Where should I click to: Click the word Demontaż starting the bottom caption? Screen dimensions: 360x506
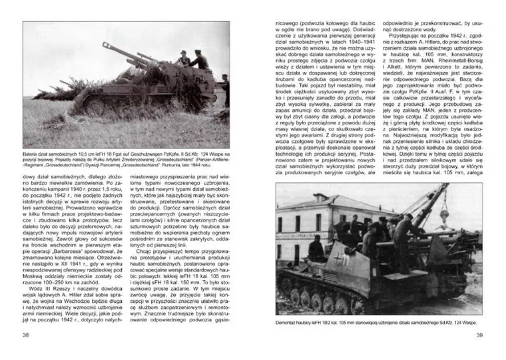click(288, 321)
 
